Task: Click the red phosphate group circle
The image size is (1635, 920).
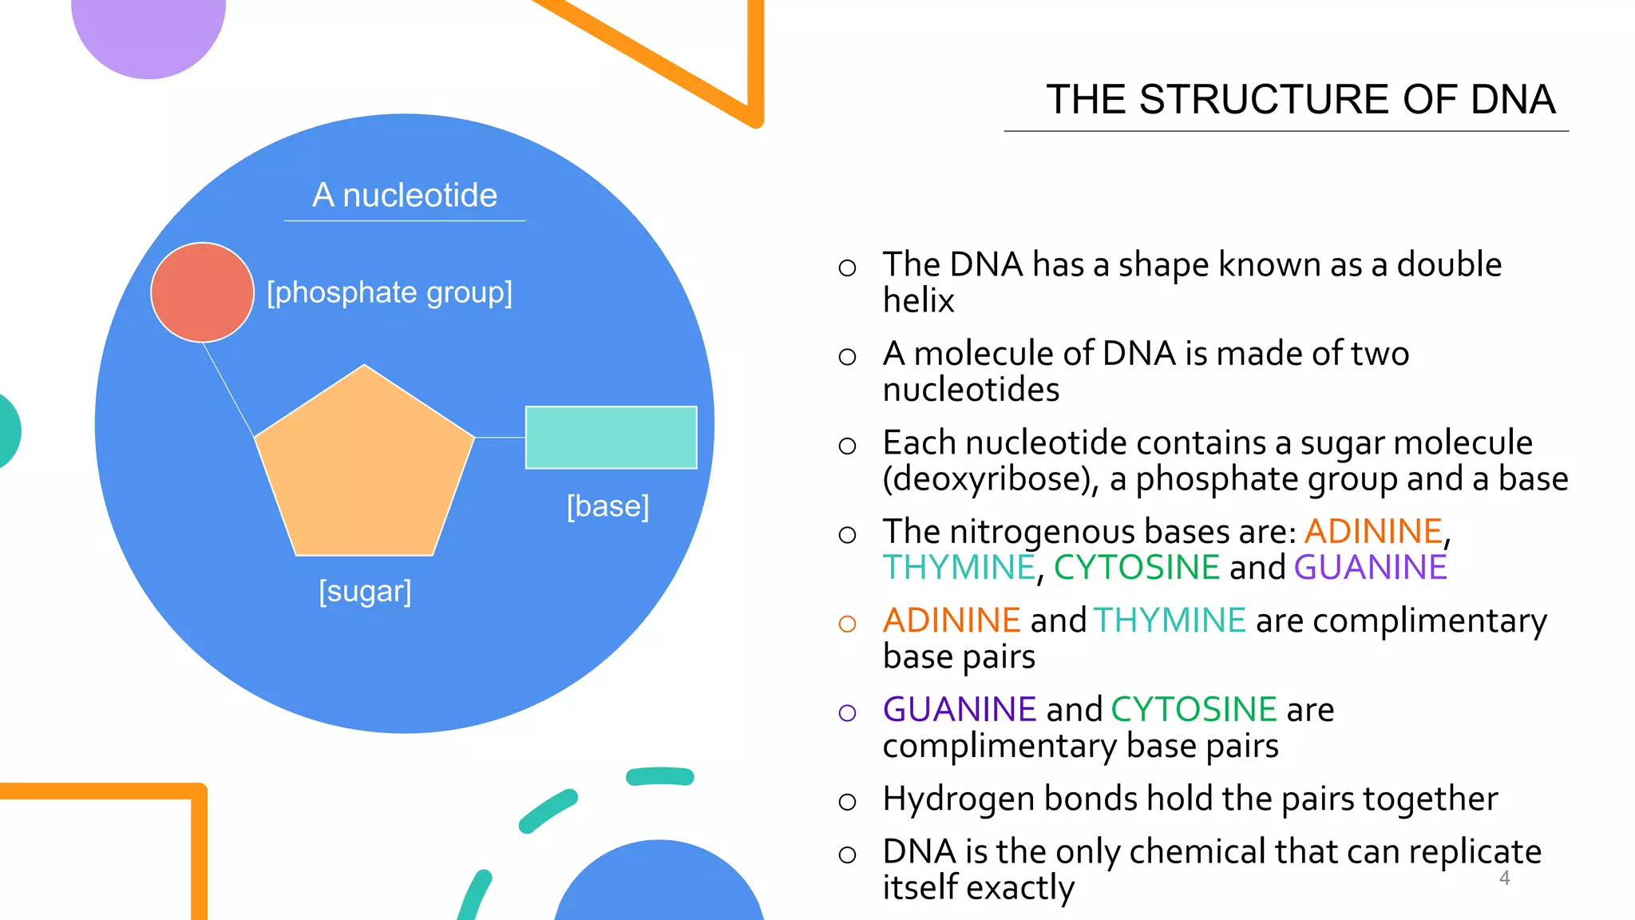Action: coord(202,292)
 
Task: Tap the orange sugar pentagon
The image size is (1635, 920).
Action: coord(364,468)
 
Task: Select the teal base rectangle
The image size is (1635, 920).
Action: coord(611,437)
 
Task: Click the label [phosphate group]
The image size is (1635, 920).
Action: coord(390,292)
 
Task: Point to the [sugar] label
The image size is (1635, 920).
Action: coord(365,591)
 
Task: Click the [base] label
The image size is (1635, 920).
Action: coord(608,506)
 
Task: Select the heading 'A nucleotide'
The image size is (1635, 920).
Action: coord(405,195)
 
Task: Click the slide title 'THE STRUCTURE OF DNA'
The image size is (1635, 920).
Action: coord(1300,100)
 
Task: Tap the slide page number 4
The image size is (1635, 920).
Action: coord(1504,878)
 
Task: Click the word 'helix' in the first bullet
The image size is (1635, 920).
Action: coord(918,301)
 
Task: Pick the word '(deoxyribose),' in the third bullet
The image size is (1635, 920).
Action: coord(991,479)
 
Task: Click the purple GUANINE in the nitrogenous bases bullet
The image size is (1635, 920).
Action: coord(1370,568)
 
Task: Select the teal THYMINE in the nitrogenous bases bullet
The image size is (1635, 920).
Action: coord(959,568)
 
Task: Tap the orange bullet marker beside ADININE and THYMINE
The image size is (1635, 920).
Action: coord(847,624)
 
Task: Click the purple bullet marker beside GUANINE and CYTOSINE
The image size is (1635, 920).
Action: coord(847,712)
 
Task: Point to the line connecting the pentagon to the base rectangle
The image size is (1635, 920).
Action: coord(500,438)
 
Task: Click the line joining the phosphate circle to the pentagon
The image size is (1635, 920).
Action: coord(228,390)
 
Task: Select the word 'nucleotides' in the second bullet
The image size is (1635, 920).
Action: coord(971,390)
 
